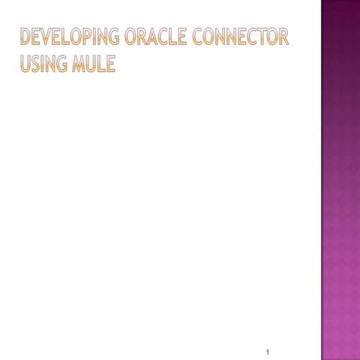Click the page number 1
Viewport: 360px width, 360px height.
268,351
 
